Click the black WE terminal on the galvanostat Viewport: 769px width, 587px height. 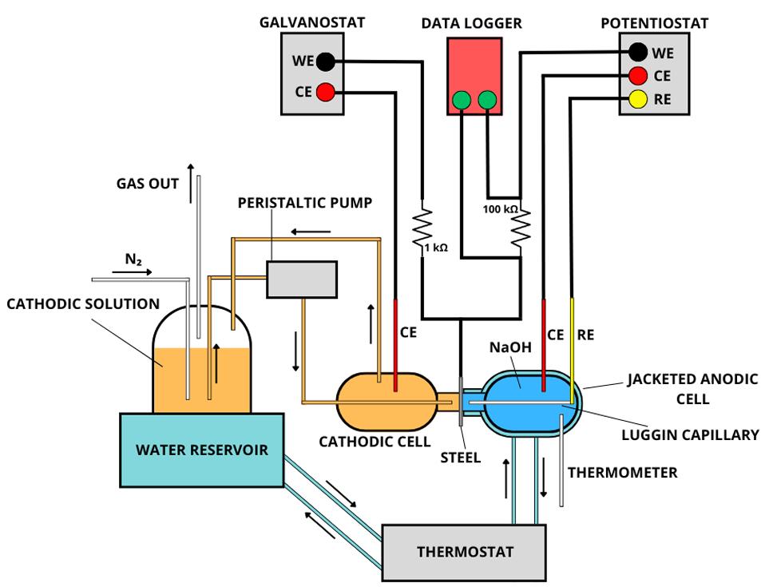click(x=325, y=61)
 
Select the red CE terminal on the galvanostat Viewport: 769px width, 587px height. click(x=325, y=92)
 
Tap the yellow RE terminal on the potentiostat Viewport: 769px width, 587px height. click(x=638, y=99)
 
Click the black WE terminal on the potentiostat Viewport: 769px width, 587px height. click(x=638, y=53)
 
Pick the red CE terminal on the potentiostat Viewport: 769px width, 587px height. click(x=638, y=76)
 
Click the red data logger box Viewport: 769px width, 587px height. click(x=474, y=76)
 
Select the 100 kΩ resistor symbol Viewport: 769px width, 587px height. click(x=520, y=225)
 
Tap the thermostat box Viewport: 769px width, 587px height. click(x=464, y=551)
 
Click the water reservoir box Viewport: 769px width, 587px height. click(x=201, y=449)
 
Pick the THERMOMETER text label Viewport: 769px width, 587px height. click(x=622, y=473)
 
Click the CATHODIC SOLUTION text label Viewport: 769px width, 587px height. click(x=83, y=303)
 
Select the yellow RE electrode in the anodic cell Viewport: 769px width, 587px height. click(x=572, y=343)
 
